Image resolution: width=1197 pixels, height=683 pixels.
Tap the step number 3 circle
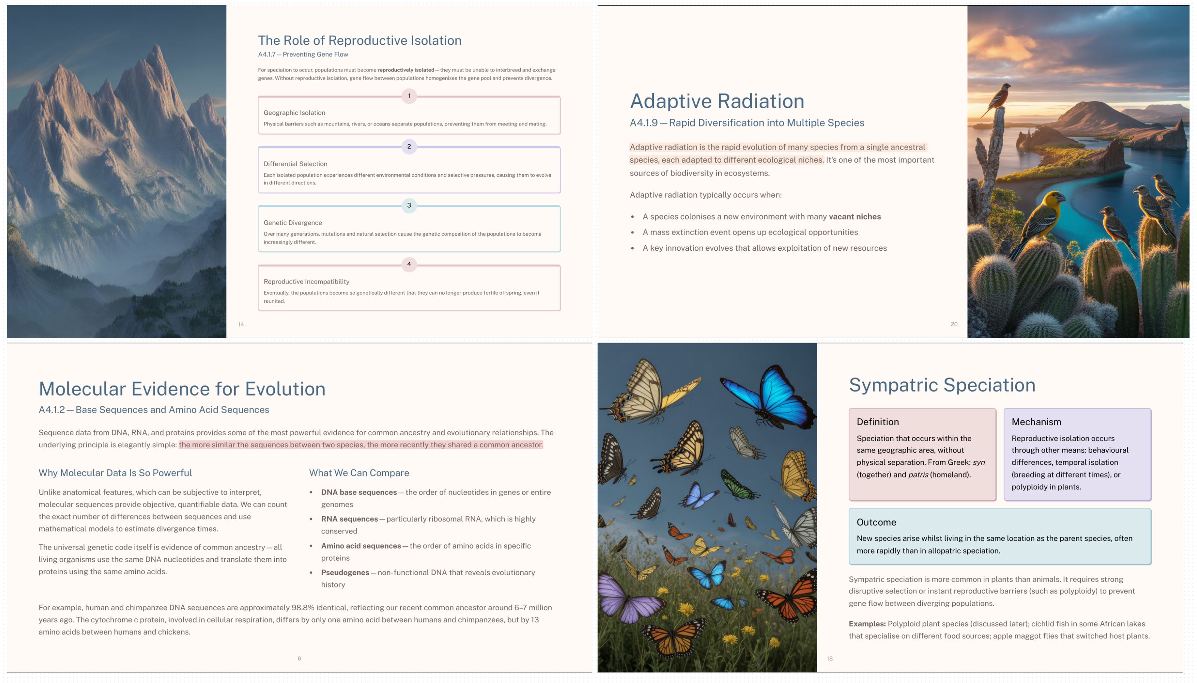pos(409,205)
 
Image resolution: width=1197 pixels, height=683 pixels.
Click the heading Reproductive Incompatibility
pos(306,281)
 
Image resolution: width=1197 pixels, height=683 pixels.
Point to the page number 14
pos(241,324)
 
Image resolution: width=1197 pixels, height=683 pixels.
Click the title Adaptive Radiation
pos(716,101)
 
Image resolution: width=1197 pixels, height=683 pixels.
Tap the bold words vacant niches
pos(854,217)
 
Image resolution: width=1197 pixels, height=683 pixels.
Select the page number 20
pos(953,324)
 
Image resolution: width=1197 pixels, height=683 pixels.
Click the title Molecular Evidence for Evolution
pos(181,389)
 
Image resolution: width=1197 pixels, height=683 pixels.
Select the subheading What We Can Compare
pos(358,473)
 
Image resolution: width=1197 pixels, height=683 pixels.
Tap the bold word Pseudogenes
pos(345,572)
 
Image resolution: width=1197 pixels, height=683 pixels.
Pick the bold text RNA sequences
pos(349,519)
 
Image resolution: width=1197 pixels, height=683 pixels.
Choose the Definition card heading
pos(878,422)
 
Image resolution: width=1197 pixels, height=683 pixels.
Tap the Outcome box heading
pos(876,522)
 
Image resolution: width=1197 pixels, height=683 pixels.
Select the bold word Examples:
pos(867,623)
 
